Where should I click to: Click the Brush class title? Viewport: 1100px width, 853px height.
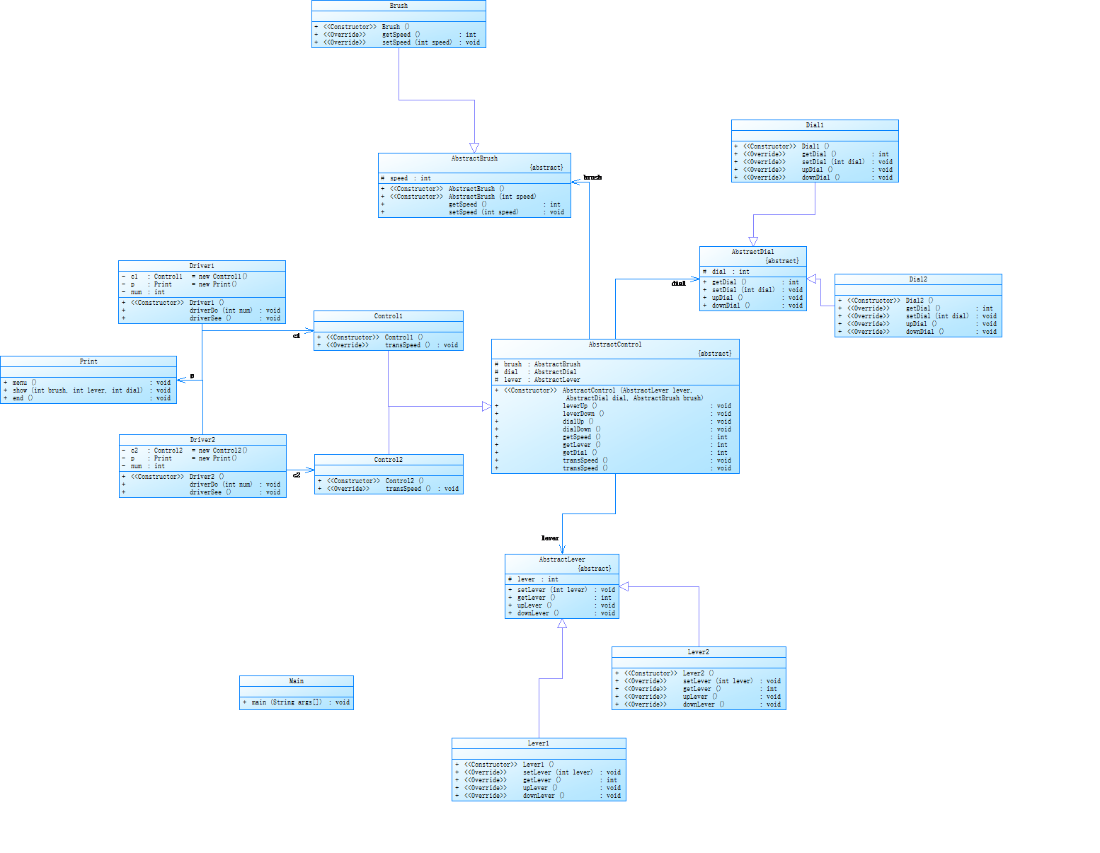click(399, 6)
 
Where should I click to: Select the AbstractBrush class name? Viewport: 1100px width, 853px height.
click(474, 158)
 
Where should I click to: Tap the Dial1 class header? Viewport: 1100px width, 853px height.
click(815, 125)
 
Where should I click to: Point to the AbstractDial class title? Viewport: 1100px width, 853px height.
click(752, 252)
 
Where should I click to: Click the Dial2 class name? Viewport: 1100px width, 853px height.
click(918, 279)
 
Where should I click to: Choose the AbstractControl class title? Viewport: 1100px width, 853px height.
click(615, 344)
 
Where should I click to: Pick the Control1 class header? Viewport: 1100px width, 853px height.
click(389, 316)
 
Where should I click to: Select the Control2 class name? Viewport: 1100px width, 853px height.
click(389, 460)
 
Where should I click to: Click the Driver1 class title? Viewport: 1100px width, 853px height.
click(202, 266)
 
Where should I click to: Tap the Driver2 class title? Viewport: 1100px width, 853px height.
click(202, 440)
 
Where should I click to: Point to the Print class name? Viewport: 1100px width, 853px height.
click(88, 361)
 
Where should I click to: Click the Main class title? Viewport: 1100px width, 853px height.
click(297, 681)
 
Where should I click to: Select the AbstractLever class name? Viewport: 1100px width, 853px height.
click(562, 559)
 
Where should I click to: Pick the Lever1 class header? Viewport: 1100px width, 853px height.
click(539, 743)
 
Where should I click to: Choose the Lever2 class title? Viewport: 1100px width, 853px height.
click(699, 652)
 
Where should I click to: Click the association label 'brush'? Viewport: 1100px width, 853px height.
click(592, 178)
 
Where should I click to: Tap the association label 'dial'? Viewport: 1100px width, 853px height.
click(679, 284)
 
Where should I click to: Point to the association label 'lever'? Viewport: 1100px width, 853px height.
click(550, 538)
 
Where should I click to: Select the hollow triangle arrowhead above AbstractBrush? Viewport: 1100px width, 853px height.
click(474, 147)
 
